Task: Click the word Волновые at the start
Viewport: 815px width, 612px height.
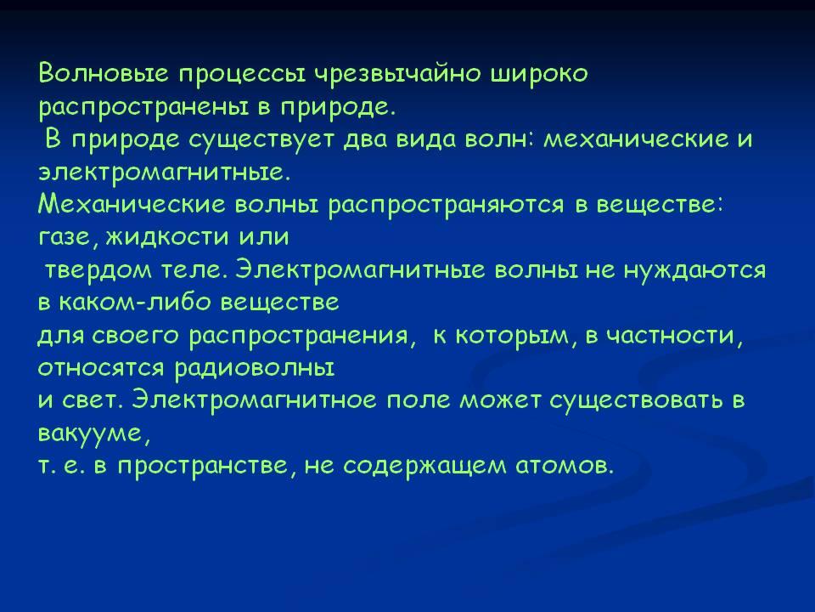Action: [x=104, y=73]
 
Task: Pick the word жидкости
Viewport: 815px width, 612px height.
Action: [x=168, y=237]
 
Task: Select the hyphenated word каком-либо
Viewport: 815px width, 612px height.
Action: [x=136, y=303]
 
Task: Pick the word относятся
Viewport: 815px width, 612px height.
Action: [x=100, y=369]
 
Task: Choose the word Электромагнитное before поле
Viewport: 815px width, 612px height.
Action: [x=254, y=400]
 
